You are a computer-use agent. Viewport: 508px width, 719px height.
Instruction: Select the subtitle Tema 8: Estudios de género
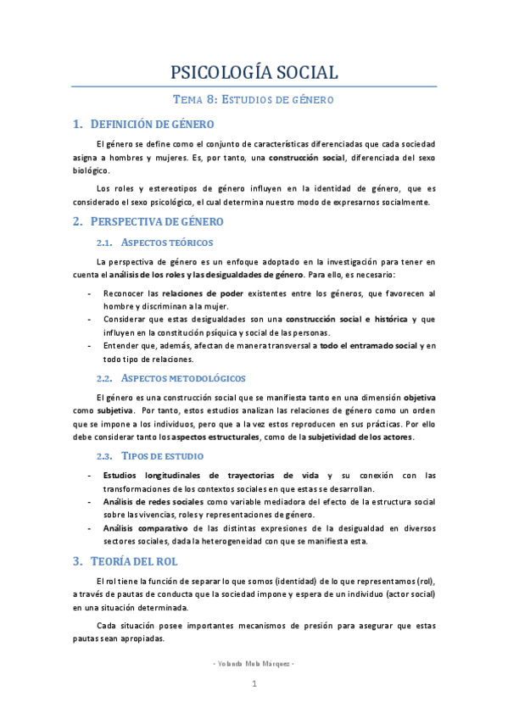pos(254,99)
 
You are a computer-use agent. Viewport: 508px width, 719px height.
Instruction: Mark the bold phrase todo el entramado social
pos(369,346)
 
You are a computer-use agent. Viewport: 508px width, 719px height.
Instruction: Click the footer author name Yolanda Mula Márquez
pos(254,662)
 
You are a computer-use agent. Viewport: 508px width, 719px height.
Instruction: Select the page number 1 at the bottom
pos(254,683)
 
